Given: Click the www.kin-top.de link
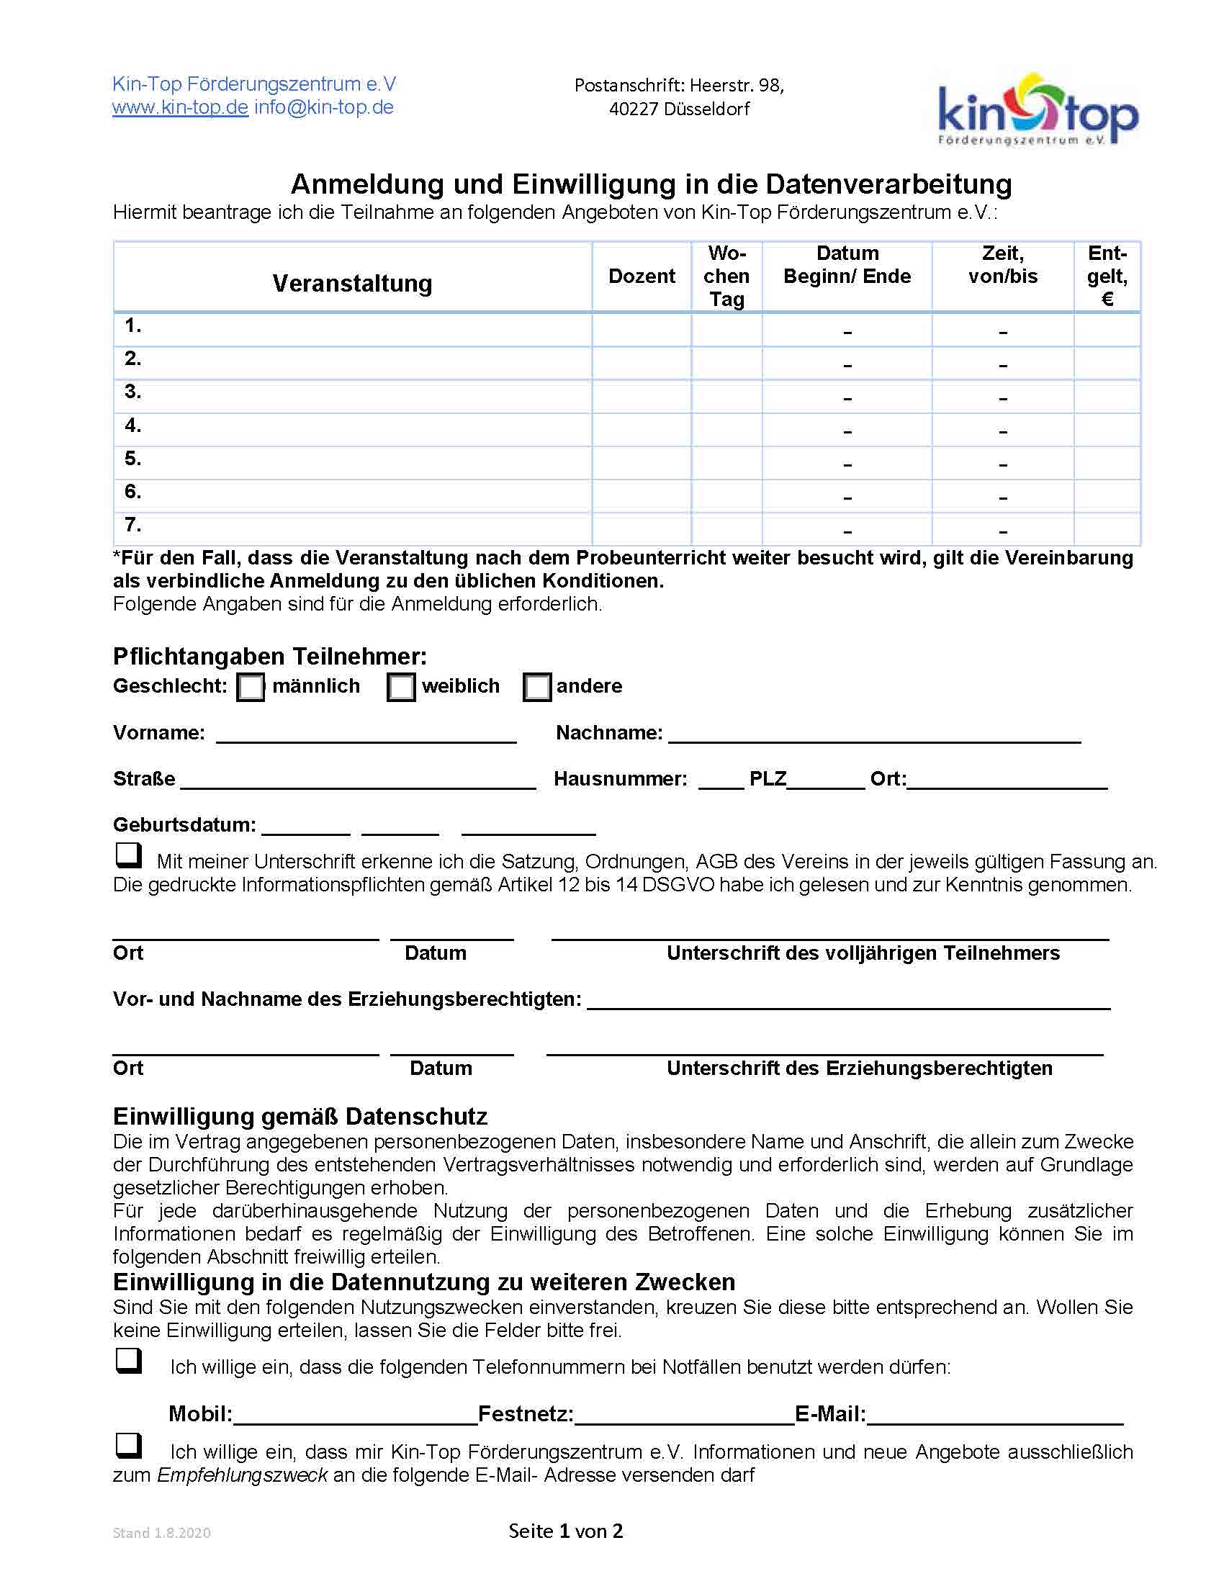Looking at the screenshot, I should (x=180, y=108).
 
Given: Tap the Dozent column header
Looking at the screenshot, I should (x=641, y=276).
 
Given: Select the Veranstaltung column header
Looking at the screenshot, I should (x=352, y=283).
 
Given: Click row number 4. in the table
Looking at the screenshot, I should (x=132, y=426).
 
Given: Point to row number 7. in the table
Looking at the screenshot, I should (x=132, y=525).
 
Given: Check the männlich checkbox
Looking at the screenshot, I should (x=251, y=687).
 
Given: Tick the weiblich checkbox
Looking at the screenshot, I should (x=401, y=687).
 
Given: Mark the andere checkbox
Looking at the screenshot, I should (x=536, y=687).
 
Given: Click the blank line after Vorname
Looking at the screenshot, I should (x=366, y=735).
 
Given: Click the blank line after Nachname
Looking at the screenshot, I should (x=874, y=735).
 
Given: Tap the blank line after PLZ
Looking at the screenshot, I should (x=826, y=782).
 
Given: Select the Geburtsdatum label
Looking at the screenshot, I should (x=184, y=824).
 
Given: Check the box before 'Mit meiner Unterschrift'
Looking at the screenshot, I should (x=129, y=855).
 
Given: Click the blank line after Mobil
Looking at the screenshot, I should (x=354, y=1416).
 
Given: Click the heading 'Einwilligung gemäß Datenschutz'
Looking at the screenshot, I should (x=300, y=1116).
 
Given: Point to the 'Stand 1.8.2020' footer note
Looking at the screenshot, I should (x=162, y=1532).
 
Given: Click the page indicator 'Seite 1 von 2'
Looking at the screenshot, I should (x=566, y=1531).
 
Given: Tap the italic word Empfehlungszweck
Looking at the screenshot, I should (x=242, y=1475).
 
